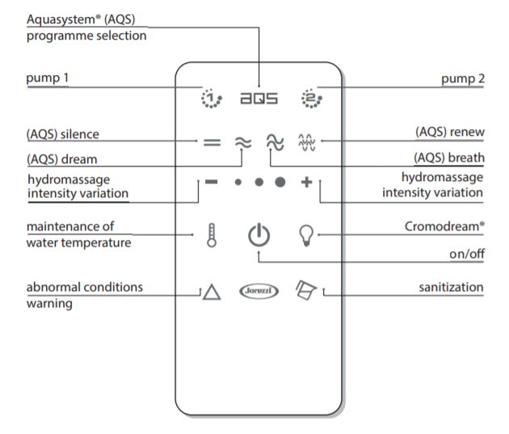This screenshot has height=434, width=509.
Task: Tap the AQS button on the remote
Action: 259,99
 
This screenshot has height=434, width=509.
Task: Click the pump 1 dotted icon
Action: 211,99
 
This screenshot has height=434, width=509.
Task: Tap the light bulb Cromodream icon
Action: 306,235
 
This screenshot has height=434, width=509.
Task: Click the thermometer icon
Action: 212,236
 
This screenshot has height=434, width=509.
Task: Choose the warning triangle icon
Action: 211,291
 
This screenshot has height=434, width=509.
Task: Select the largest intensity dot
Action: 280,183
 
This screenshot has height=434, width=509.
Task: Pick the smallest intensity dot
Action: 238,183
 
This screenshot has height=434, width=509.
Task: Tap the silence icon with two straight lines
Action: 212,142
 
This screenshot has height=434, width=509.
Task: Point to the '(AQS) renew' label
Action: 449,130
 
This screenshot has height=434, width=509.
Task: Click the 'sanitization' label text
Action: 451,287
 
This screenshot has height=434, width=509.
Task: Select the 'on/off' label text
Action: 466,253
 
